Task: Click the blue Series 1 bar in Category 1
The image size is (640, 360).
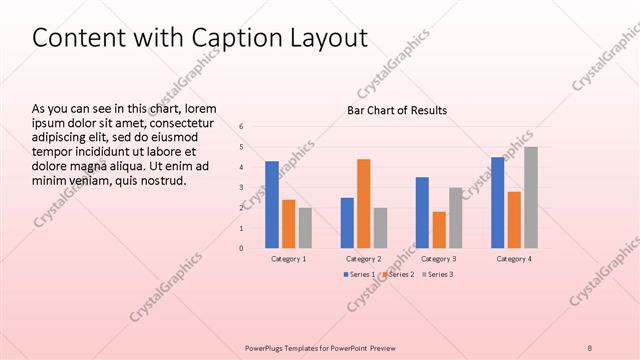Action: pos(272,204)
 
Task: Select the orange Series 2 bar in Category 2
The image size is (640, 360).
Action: pos(363,203)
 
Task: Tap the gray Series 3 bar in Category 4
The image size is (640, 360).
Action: pos(531,197)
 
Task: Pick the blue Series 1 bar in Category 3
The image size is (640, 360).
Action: pos(422,212)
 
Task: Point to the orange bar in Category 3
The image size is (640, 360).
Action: pos(439,229)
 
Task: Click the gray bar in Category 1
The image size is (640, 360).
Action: pos(305,227)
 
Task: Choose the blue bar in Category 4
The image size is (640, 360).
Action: pos(498,202)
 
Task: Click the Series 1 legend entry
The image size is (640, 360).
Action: pos(361,274)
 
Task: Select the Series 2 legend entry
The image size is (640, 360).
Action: pos(399,274)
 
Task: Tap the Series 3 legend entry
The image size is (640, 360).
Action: pos(437,274)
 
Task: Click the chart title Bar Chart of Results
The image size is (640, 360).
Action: pos(397,110)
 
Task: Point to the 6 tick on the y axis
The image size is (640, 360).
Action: pos(241,126)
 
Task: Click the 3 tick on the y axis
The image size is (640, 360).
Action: pos(241,187)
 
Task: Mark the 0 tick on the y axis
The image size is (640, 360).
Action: pos(241,248)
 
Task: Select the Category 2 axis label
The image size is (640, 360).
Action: pos(364,258)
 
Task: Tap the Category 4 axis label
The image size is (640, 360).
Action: pos(514,258)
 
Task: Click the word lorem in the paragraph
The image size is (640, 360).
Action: pos(200,108)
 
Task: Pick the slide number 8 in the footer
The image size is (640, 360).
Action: pos(590,347)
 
